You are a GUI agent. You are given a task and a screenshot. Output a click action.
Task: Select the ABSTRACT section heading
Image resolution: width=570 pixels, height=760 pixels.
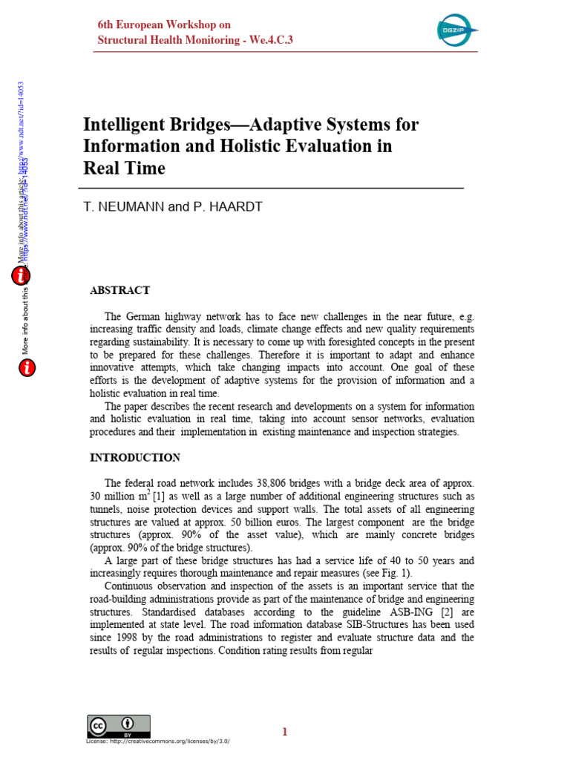pyautogui.click(x=119, y=290)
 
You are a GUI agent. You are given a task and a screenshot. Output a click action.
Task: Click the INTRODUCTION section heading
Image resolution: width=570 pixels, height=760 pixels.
pyautogui.click(x=134, y=457)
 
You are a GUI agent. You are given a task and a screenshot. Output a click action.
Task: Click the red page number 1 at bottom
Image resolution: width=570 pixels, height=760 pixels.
pyautogui.click(x=284, y=732)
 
